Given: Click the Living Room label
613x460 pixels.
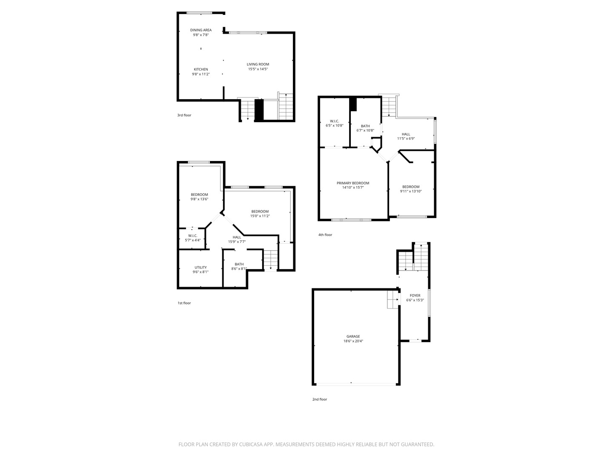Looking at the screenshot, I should click(x=258, y=64).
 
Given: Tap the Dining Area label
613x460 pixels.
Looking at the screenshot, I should click(x=201, y=30).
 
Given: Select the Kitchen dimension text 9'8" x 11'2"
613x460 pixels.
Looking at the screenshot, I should click(x=201, y=74).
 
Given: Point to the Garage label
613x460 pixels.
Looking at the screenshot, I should click(x=353, y=336).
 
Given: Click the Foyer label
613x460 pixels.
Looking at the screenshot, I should click(x=415, y=296).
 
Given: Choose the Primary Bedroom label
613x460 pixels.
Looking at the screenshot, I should click(x=353, y=183).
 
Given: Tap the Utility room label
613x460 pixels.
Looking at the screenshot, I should click(x=201, y=267).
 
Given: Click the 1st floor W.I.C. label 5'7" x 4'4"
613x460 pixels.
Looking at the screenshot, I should click(x=192, y=238).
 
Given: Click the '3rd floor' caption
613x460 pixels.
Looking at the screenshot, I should click(x=184, y=115).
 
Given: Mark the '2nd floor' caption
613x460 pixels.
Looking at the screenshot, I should click(x=320, y=400).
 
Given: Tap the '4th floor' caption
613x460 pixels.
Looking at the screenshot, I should click(x=325, y=235).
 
